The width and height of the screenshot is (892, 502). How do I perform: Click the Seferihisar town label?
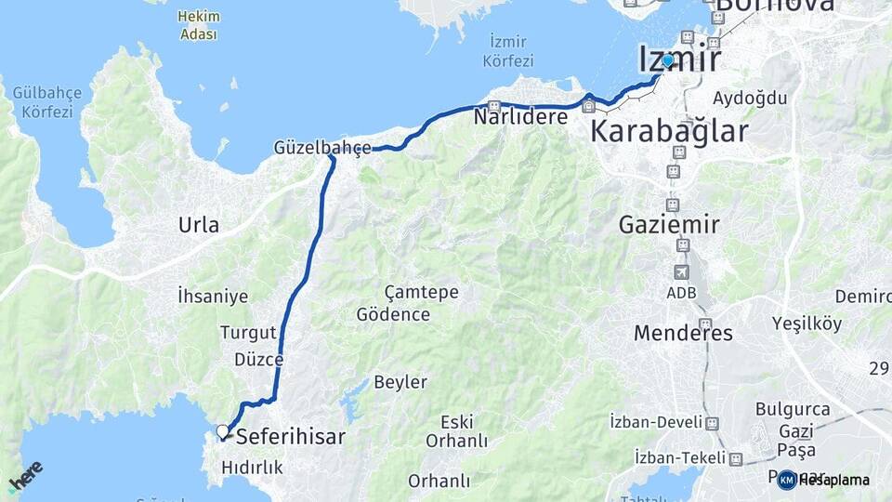tap(291, 437)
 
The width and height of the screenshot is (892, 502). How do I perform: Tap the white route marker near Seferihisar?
tap(222, 431)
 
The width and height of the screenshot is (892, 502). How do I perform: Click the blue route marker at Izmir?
tap(668, 60)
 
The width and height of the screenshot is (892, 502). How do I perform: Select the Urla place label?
tap(199, 225)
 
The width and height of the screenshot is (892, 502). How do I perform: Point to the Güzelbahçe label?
tap(322, 147)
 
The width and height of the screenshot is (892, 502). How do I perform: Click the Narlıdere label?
tap(519, 117)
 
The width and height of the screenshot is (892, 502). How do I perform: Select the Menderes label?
tap(683, 333)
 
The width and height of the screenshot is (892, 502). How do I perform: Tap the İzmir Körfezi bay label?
tap(508, 51)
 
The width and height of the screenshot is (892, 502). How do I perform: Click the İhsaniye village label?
tap(213, 296)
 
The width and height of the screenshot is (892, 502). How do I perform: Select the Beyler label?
tap(400, 382)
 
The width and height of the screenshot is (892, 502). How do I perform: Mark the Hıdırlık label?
tap(252, 469)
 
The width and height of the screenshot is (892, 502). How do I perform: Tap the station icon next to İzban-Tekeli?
tap(736, 459)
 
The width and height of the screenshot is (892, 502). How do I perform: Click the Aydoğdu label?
tap(750, 99)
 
